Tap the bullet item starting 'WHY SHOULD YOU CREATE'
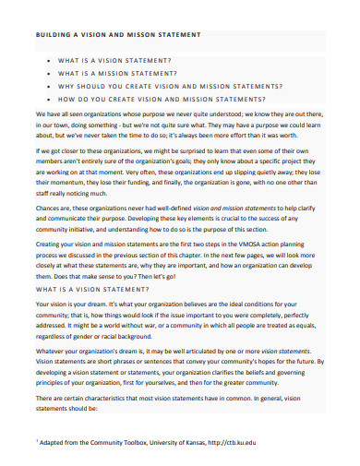coord(156,85)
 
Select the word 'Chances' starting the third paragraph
coord(50,183)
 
